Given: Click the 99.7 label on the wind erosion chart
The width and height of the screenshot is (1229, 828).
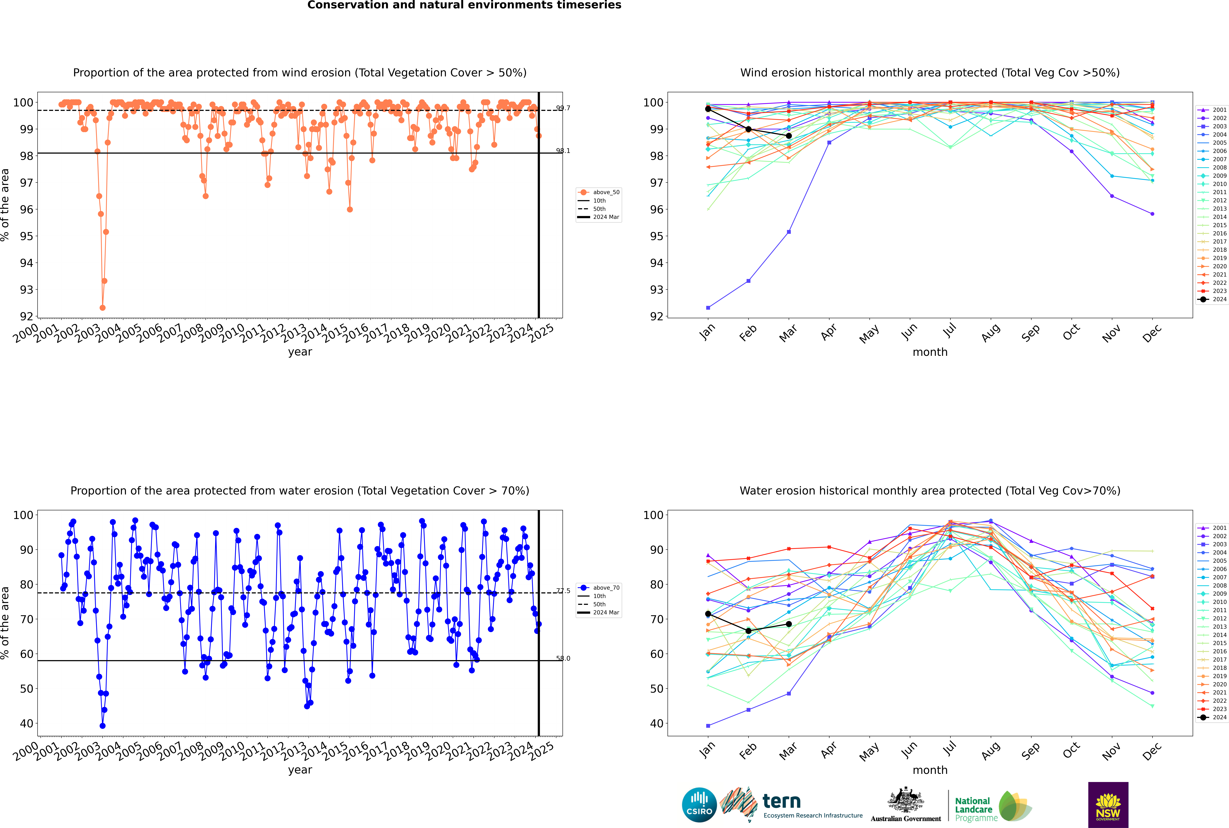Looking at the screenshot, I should pos(563,108).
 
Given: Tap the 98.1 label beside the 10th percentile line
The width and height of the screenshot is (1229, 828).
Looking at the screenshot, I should pos(563,151).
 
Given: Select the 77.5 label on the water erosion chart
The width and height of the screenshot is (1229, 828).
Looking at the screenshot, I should pos(563,591).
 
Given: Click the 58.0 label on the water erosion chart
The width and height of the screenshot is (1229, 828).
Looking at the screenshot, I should pos(563,659).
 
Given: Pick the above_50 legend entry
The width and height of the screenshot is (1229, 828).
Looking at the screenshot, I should pos(606,192).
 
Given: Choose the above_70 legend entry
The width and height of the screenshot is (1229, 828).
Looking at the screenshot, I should pos(606,588).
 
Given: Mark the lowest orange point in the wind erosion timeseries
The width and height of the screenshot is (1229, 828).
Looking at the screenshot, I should pos(103,308).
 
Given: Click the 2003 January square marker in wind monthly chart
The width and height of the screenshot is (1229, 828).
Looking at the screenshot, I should pos(708,308).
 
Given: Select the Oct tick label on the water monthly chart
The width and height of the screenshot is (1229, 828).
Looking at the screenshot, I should pos(1071,750).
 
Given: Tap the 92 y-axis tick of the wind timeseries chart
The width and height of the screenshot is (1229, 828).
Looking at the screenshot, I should pos(26,316).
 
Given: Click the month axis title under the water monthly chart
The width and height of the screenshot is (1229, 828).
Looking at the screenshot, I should pos(930,770).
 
